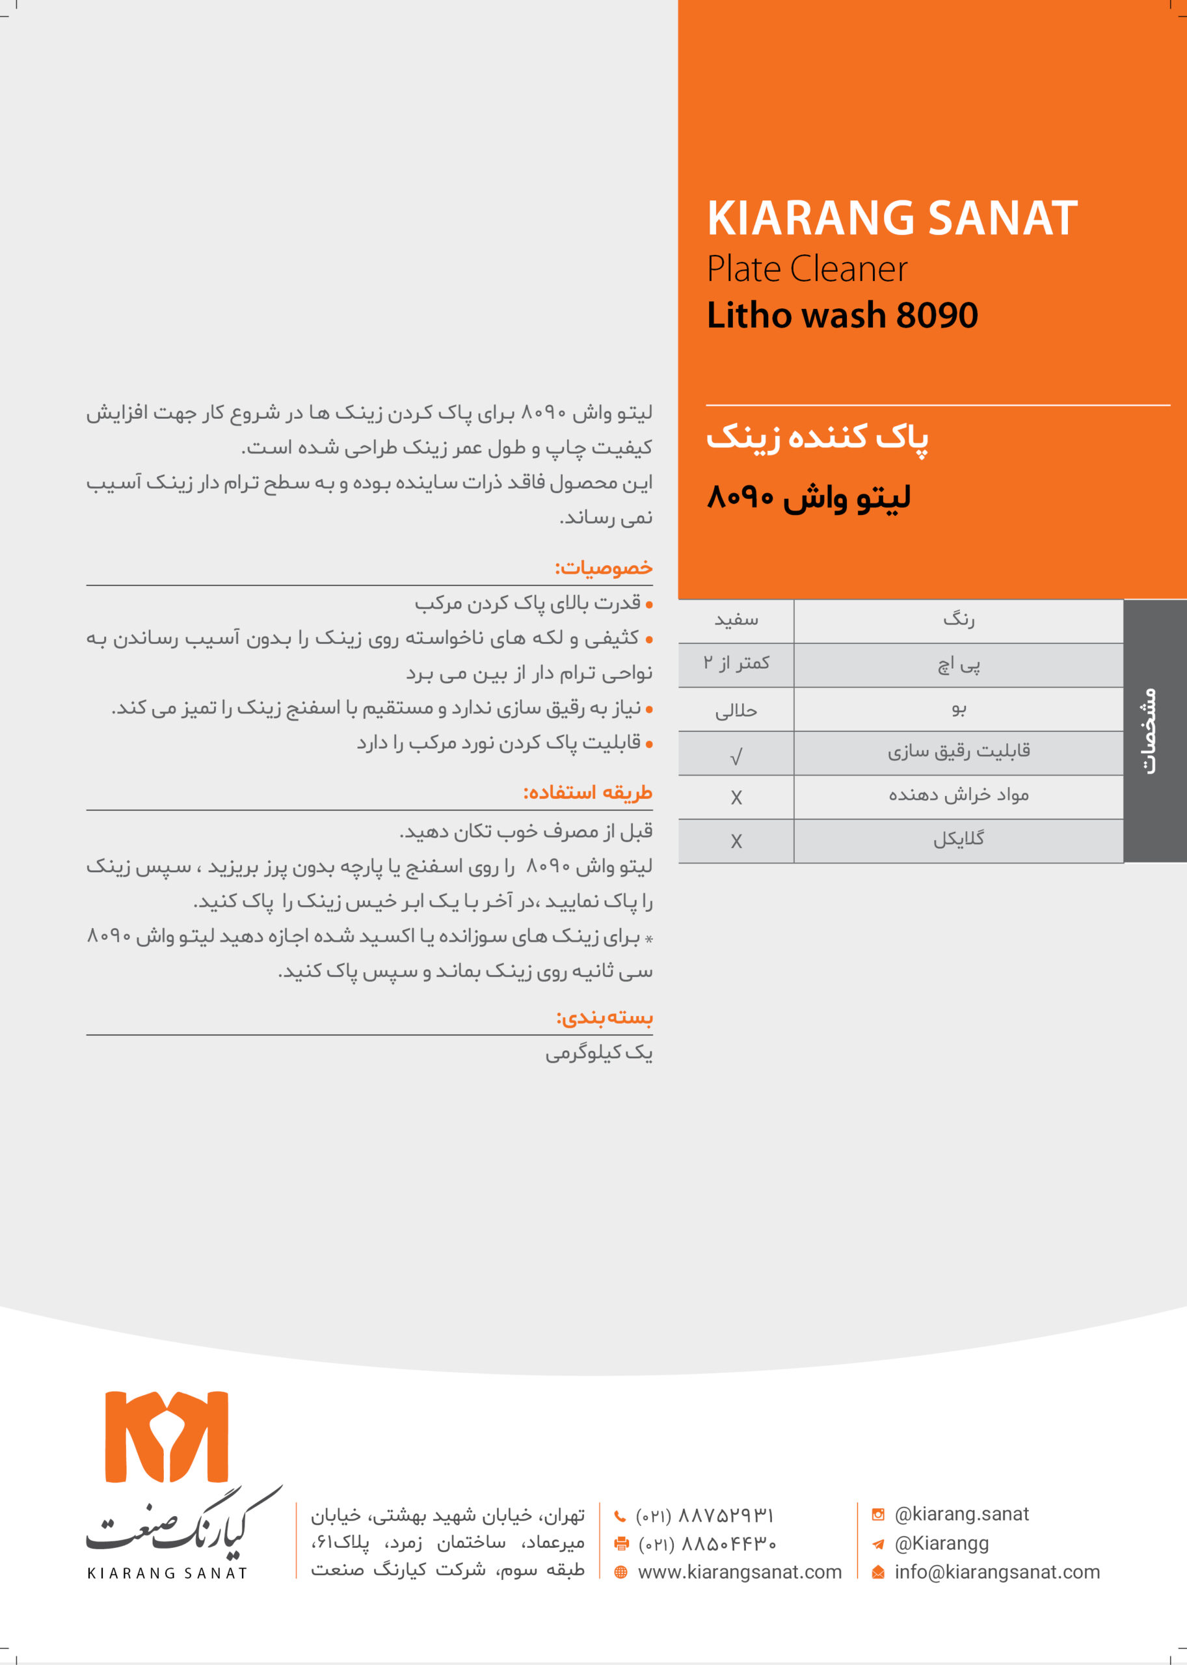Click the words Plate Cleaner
tap(807, 269)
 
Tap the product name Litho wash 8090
tap(842, 315)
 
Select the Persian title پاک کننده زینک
tap(817, 438)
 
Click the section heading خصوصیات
tap(604, 568)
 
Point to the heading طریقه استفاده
tap(588, 793)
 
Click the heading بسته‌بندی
tap(604, 1018)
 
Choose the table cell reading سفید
tap(736, 620)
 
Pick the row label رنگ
tap(958, 620)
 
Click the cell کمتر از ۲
tap(736, 663)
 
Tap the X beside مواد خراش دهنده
tap(736, 797)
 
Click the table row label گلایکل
tap(958, 840)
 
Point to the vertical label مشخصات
tap(1150, 731)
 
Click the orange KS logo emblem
tap(167, 1436)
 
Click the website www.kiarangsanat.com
tap(740, 1571)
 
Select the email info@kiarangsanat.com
tap(997, 1571)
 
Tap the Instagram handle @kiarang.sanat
tap(961, 1513)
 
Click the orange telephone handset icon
tap(620, 1516)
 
